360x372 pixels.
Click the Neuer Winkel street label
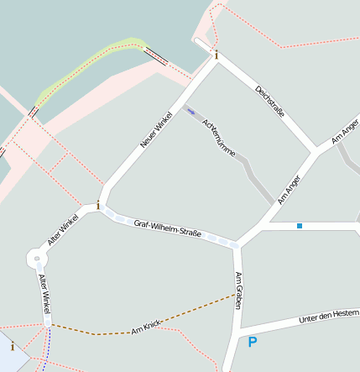click(x=157, y=130)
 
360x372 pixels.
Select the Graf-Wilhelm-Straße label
click(x=168, y=228)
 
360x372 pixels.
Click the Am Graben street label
click(x=239, y=290)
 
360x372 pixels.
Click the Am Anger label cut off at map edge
click(x=345, y=131)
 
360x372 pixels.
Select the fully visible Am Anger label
click(x=289, y=189)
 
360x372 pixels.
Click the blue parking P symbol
click(x=252, y=342)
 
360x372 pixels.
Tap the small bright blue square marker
click(x=299, y=225)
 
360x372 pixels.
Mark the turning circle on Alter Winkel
click(x=36, y=258)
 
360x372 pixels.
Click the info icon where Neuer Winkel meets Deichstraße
click(x=216, y=55)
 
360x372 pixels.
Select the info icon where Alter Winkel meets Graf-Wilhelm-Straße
click(x=98, y=204)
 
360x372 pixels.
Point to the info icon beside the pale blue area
click(x=12, y=346)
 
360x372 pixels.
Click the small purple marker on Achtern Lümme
click(x=190, y=109)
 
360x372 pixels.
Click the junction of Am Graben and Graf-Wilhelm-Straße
click(x=237, y=245)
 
